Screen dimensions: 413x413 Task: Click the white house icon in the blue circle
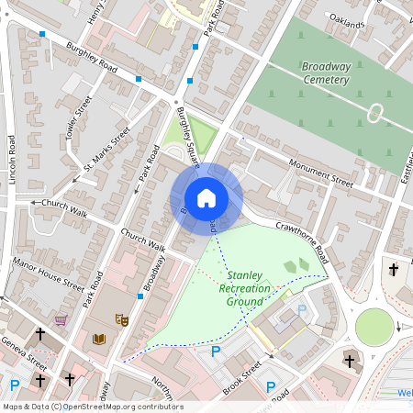click(x=206, y=198)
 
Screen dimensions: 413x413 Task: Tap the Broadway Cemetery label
click(x=325, y=73)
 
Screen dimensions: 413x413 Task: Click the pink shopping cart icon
click(x=61, y=320)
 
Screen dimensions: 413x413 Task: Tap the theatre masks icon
click(x=119, y=319)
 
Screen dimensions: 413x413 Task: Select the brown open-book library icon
click(x=100, y=339)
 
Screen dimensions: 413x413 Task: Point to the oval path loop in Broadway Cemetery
click(x=375, y=113)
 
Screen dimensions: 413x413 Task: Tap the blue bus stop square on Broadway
click(x=140, y=296)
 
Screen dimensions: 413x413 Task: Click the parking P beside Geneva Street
click(x=14, y=385)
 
